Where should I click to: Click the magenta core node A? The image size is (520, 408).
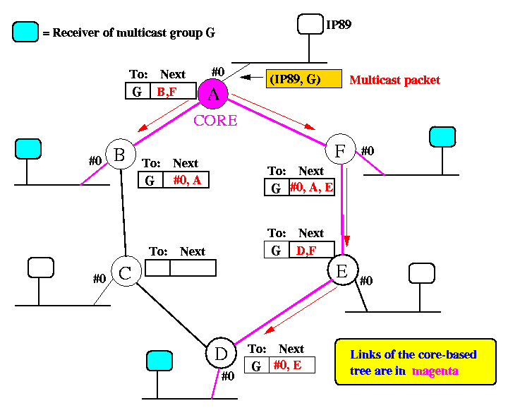[213, 95]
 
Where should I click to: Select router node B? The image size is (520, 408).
[120, 155]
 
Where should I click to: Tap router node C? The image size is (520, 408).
[126, 272]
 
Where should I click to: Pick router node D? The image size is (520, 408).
[219, 353]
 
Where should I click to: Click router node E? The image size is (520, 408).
[343, 269]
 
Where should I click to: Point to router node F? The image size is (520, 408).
[340, 150]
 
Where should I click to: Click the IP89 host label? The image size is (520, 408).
[339, 26]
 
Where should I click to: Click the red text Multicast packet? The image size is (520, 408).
[395, 80]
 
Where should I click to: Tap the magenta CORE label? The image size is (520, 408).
[216, 120]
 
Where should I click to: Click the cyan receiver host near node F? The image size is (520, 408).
[442, 136]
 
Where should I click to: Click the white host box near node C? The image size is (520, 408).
[40, 268]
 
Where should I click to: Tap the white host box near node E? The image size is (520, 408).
[422, 273]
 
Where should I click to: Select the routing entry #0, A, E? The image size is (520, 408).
[311, 188]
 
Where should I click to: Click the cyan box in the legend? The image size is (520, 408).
[25, 32]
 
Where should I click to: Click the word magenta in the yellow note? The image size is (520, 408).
[435, 371]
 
